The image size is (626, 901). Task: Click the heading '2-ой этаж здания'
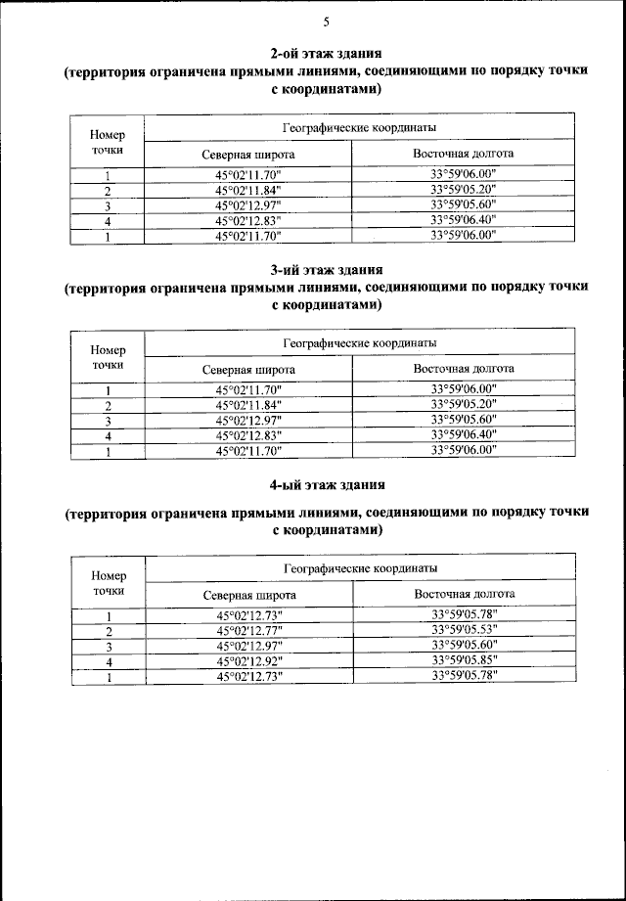[x=326, y=53]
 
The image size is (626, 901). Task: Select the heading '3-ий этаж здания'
[x=326, y=268]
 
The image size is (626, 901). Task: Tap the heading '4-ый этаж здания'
[x=326, y=484]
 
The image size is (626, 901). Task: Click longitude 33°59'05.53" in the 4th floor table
[x=464, y=631]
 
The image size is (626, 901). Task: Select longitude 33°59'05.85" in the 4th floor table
[x=464, y=661]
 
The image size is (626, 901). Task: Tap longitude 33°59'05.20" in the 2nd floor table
[x=464, y=190]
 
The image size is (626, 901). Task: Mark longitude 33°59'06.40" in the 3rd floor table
[x=464, y=434]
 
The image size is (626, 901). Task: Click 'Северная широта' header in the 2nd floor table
[x=248, y=155]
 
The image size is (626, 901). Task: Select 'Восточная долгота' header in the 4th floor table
[x=464, y=594]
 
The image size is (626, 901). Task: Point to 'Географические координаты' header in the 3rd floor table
[x=359, y=343]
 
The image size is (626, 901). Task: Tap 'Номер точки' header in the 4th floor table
[x=109, y=582]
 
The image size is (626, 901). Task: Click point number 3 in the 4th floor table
[x=109, y=647]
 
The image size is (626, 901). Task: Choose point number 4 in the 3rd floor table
[x=109, y=435]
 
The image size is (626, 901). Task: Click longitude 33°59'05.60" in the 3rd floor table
[x=464, y=420]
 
